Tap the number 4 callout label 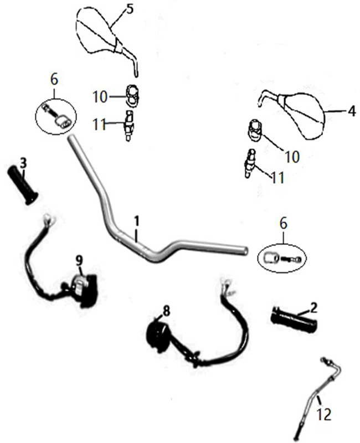click(x=352, y=112)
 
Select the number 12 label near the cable click(x=324, y=415)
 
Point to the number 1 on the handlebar click(x=137, y=221)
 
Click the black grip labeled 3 click(x=23, y=185)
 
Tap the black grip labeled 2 click(x=294, y=320)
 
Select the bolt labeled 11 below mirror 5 click(x=129, y=126)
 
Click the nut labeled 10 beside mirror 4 click(x=255, y=131)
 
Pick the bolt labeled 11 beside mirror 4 click(x=250, y=164)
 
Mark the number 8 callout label click(x=167, y=311)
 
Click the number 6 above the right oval click(x=284, y=224)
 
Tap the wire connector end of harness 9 click(x=49, y=218)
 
